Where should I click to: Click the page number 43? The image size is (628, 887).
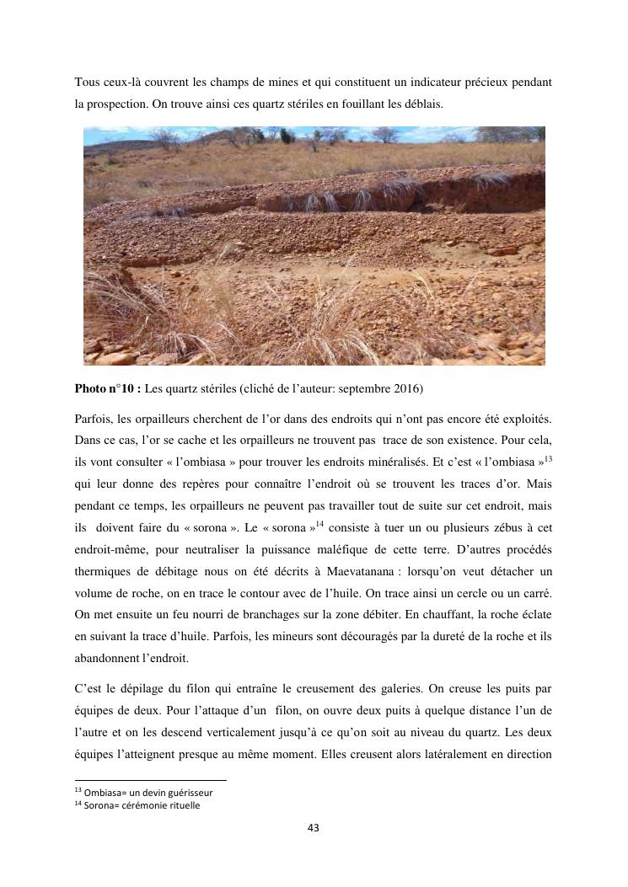[314, 828]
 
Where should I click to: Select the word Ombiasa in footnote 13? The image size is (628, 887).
[105, 793]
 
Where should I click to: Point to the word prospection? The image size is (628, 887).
[115, 104]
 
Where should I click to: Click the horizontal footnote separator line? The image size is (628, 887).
[151, 781]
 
